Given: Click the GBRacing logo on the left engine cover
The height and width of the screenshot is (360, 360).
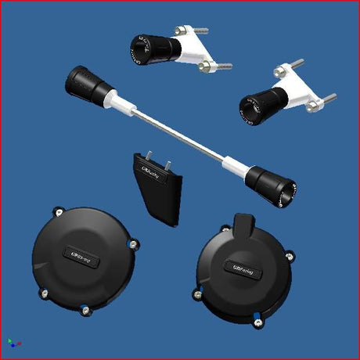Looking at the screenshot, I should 81,256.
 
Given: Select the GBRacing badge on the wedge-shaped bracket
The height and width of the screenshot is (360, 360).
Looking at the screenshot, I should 151,167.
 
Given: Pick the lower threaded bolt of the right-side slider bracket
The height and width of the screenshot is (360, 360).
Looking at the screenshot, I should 327,99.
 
